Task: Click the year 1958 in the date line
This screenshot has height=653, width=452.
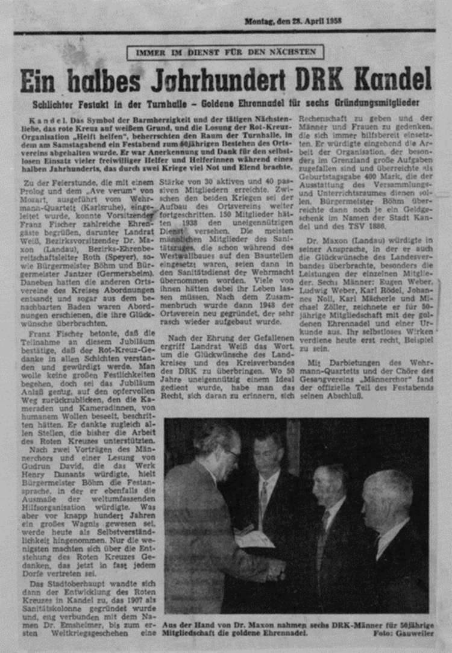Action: pyautogui.click(x=332, y=20)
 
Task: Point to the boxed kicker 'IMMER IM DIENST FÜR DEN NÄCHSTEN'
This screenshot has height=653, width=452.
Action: pyautogui.click(x=225, y=52)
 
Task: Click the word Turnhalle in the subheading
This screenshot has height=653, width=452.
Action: pyautogui.click(x=185, y=104)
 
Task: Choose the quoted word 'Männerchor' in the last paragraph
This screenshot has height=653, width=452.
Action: pyautogui.click(x=381, y=379)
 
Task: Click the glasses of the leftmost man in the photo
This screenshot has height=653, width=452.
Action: pyautogui.click(x=233, y=453)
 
